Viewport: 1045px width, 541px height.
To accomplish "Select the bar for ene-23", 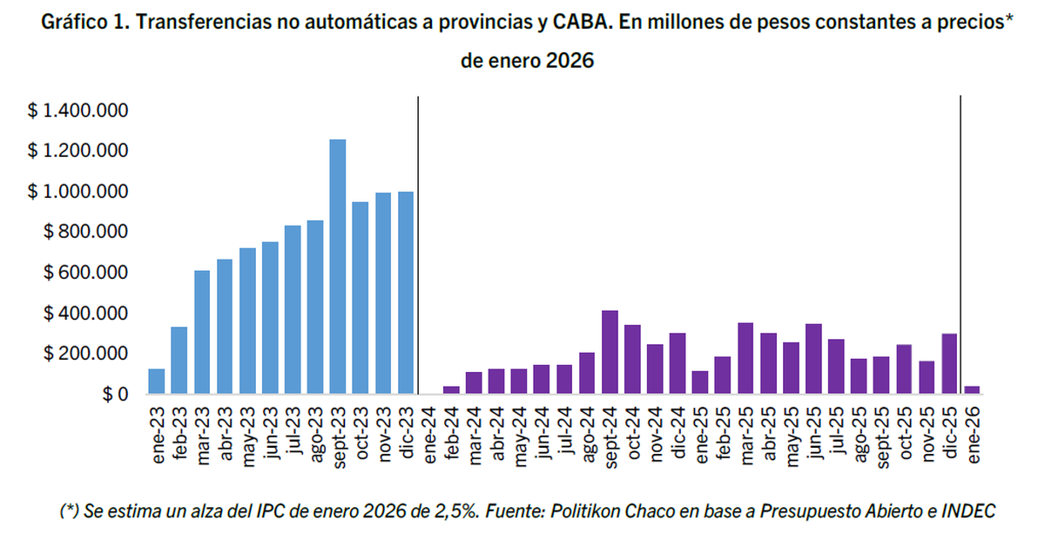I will (x=156, y=382).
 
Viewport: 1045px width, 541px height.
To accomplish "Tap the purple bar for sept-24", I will (x=610, y=352).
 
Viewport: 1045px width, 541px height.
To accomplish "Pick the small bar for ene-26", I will (x=972, y=390).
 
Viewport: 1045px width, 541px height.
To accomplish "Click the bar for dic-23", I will (x=405, y=293).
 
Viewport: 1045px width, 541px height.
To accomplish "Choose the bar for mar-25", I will (x=745, y=358).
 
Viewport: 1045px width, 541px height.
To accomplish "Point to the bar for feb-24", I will (x=451, y=390).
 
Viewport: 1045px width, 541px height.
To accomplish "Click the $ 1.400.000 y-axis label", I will (x=78, y=111).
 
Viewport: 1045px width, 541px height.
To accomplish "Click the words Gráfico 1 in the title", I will (x=85, y=23).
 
